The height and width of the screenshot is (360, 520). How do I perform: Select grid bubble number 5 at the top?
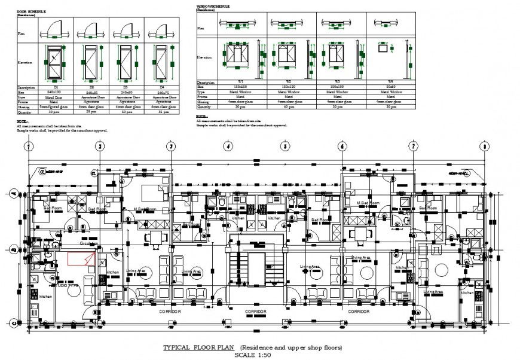tap(286, 146)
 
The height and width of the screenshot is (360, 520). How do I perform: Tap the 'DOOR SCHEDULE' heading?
tap(30, 11)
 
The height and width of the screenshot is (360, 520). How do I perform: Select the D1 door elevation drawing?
tap(56, 62)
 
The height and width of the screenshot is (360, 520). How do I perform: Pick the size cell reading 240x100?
tap(56, 93)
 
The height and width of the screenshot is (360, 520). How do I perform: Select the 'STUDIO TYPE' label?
tap(67, 286)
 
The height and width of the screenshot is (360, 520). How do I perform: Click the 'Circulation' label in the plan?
tap(88, 244)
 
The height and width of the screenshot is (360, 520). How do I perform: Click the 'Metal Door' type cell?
tap(56, 97)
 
